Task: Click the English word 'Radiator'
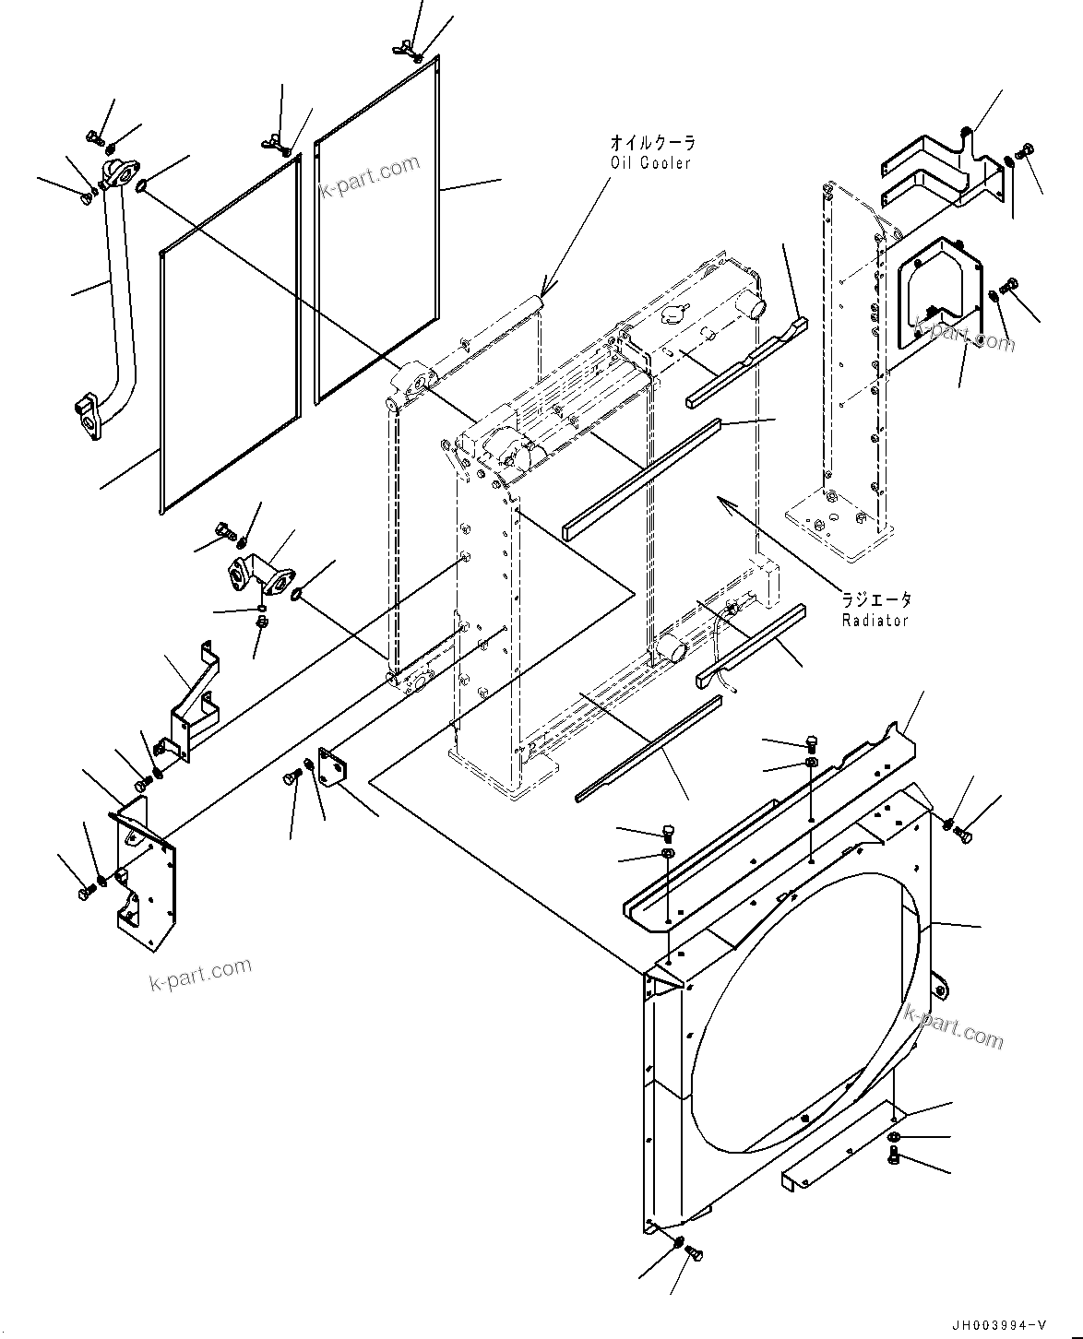tap(875, 621)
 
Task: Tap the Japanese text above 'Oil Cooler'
tap(651, 143)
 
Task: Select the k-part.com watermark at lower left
tap(200, 973)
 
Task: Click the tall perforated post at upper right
tap(849, 369)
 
